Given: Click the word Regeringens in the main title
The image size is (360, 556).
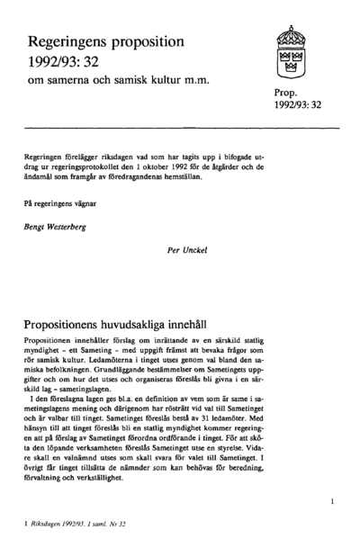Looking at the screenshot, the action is click(x=72, y=42).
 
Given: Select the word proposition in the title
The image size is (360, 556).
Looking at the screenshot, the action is click(x=153, y=42).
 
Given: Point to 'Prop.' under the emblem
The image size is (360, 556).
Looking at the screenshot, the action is click(x=286, y=93).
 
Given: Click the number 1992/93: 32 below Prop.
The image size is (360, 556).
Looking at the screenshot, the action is click(x=298, y=106).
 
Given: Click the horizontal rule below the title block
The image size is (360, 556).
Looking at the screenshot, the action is click(x=180, y=129).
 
